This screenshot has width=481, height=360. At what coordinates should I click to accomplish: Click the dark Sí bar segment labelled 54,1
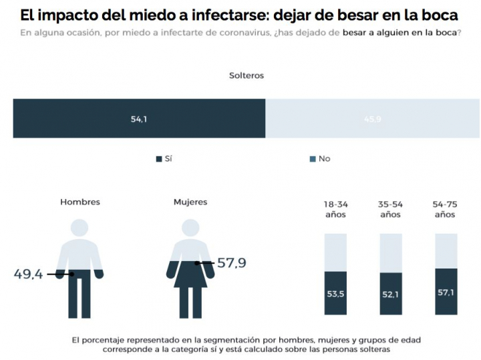[x=139, y=119]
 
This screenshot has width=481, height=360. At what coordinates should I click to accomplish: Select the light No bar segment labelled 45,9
[x=372, y=119]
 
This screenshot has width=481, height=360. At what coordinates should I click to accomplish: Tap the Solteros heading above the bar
[x=247, y=75]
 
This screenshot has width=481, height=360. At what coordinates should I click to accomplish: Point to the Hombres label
[x=79, y=202]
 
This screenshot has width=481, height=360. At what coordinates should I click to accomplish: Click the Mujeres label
[x=190, y=202]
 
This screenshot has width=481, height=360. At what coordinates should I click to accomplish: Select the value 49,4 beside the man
[x=29, y=274]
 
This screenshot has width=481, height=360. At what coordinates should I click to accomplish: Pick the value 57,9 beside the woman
[x=231, y=263]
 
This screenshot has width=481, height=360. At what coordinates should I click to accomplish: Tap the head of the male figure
[x=79, y=227]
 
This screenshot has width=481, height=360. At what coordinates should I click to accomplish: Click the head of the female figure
[x=190, y=227]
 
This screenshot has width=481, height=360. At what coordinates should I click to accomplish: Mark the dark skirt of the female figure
[x=190, y=275]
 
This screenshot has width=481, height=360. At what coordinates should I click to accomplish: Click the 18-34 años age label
[x=335, y=209]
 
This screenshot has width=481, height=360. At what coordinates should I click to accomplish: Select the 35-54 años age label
[x=390, y=209]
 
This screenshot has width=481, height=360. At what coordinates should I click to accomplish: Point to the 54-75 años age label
[x=445, y=209]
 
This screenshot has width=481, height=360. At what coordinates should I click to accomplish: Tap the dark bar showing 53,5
[x=335, y=293]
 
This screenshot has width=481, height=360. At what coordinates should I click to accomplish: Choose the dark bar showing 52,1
[x=390, y=294]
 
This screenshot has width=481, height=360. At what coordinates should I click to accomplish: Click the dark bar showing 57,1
[x=446, y=291]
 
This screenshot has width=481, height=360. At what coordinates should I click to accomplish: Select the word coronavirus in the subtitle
[x=245, y=33]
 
